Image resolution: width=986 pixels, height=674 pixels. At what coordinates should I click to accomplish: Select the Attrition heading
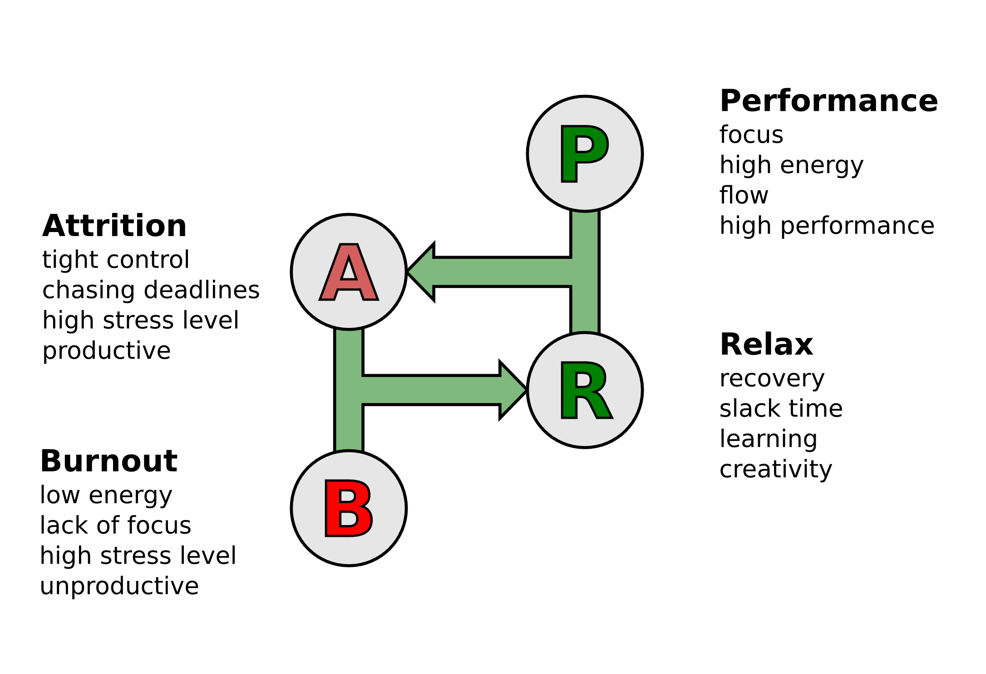point(114,226)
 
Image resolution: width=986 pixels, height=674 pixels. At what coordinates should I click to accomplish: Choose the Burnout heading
point(109,461)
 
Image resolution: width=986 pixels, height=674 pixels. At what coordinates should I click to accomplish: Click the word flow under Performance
point(744,195)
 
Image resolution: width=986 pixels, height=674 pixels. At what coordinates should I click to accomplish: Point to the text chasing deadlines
point(151,290)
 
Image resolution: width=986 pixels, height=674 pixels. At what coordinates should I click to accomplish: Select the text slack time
point(781,408)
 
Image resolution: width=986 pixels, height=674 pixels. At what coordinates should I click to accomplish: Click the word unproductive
point(119,586)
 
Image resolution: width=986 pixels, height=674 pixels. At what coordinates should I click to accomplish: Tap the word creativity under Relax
point(775,469)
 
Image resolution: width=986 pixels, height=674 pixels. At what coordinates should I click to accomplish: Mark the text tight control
point(116,260)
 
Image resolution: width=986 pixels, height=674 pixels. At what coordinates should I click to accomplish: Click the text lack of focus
point(115,525)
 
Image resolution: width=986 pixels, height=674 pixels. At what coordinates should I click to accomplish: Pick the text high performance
point(827,226)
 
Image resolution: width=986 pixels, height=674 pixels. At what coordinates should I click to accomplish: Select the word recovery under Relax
point(772,378)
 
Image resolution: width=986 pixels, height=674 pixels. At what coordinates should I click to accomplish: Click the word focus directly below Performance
point(751,135)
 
